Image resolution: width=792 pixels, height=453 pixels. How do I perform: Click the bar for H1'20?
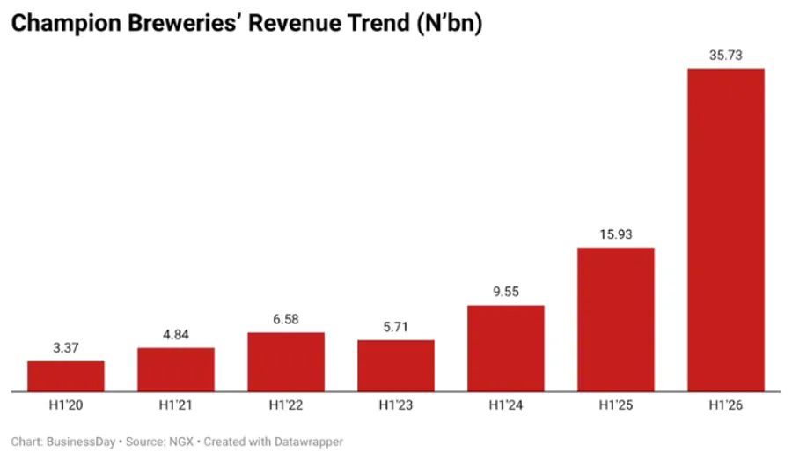66,376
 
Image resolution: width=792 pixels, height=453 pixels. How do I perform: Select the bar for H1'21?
176,369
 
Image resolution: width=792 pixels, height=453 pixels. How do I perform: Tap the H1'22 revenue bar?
286,362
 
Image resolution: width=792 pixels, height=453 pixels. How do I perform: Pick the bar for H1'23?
396,366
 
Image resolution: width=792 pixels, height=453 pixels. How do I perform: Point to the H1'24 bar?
506,348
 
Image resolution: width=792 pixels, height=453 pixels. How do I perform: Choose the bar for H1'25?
616,320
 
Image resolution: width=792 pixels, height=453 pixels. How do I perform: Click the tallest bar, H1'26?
726,230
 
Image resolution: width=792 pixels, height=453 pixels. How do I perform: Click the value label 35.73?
726,56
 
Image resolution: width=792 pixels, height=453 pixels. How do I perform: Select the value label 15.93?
616,234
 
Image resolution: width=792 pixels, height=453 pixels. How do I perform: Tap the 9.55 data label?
506,292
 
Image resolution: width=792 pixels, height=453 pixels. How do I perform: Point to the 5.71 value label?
395,327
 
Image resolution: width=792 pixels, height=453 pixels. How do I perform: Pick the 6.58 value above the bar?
286,320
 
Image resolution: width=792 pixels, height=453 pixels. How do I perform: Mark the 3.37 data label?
66,348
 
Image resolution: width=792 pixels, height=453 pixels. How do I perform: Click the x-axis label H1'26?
726,405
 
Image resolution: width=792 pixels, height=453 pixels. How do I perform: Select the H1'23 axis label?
396,405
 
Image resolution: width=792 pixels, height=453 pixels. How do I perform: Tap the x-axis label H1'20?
66,405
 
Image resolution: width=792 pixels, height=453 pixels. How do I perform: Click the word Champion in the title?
66,24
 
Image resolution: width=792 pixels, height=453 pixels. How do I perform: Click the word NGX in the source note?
181,442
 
